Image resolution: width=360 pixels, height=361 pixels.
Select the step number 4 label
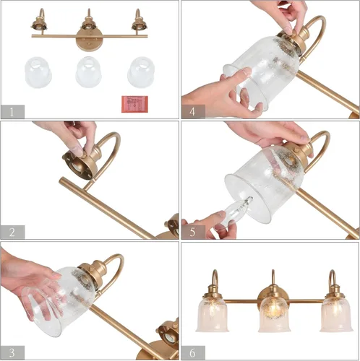click(191, 111)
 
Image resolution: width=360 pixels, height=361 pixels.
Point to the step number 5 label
click(191, 231)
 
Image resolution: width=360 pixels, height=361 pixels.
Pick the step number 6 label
click(191, 352)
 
